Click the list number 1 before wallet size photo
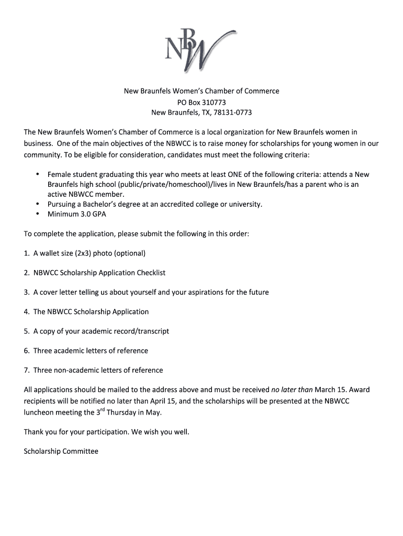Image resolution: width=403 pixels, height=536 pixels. pyautogui.click(x=26, y=253)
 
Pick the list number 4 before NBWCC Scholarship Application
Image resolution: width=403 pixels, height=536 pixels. pyautogui.click(x=26, y=312)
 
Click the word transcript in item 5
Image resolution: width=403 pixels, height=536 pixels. pyautogui.click(x=152, y=331)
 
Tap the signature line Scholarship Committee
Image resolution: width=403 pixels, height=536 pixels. pyautogui.click(x=61, y=451)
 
